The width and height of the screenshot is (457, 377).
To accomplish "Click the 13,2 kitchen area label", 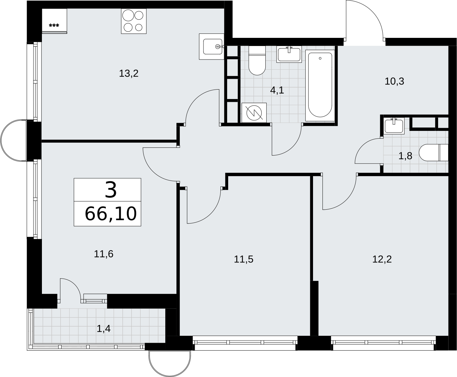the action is pyautogui.click(x=129, y=73).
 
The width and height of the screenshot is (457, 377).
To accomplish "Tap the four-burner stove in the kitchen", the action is pyautogui.click(x=134, y=21).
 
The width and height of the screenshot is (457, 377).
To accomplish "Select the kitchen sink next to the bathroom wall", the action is pyautogui.click(x=212, y=46).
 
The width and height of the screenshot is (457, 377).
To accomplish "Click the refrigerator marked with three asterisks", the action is pyautogui.click(x=54, y=21).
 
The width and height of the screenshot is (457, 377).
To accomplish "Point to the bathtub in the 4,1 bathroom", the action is pyautogui.click(x=320, y=86).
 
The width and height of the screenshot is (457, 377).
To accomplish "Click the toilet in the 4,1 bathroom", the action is pyautogui.click(x=257, y=61).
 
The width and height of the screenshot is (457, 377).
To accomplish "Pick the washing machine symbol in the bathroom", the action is pyautogui.click(x=254, y=113).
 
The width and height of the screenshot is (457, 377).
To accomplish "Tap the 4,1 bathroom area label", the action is pyautogui.click(x=277, y=90).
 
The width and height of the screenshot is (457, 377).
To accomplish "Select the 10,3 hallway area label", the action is pyautogui.click(x=394, y=81).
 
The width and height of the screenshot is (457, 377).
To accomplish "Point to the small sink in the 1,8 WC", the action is pyautogui.click(x=394, y=126).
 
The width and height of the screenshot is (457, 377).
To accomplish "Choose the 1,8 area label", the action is pyautogui.click(x=405, y=156).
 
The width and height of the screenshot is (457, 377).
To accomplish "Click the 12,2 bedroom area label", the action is pyautogui.click(x=382, y=259).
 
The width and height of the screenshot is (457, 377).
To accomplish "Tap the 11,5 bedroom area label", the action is pyautogui.click(x=244, y=259).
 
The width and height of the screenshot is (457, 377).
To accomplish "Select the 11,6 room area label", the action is pyautogui.click(x=103, y=254).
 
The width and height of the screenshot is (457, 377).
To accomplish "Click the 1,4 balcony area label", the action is pyautogui.click(x=103, y=329).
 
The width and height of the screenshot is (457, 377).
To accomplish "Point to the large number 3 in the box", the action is pyautogui.click(x=111, y=190).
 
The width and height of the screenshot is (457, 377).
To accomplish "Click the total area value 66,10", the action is pyautogui.click(x=111, y=214).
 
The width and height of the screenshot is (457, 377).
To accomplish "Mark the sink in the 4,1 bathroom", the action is pyautogui.click(x=289, y=54).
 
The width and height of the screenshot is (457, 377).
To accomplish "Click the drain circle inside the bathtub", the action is pyautogui.click(x=320, y=58).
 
